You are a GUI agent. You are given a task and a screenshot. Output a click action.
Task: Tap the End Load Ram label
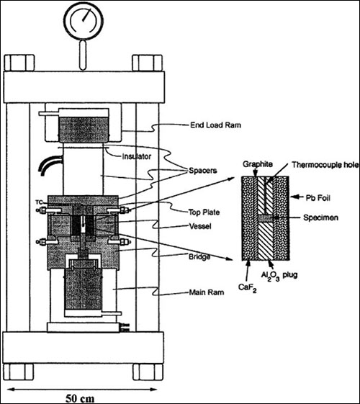click(x=215, y=125)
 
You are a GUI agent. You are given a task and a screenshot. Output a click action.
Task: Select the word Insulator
click(x=137, y=156)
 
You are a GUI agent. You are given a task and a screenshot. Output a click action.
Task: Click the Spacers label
click(x=203, y=170)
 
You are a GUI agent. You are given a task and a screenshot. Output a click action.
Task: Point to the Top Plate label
click(x=204, y=212)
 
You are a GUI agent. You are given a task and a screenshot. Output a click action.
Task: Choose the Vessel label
click(x=200, y=226)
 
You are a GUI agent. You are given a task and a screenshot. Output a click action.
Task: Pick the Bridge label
click(x=199, y=257)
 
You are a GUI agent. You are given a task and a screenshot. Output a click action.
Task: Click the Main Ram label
click(x=207, y=292)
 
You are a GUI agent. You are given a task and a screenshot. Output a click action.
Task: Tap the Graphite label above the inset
click(x=258, y=164)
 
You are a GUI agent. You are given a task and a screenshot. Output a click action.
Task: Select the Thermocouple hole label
click(x=325, y=165)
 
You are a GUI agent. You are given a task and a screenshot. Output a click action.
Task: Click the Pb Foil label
click(x=318, y=198)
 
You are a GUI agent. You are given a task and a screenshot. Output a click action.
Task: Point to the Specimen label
click(x=320, y=217)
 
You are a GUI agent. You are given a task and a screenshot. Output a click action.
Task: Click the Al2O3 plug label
click(x=279, y=276)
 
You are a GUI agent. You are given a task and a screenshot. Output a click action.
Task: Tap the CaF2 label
click(x=247, y=287)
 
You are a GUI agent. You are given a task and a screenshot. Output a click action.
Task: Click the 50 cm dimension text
click(x=80, y=398)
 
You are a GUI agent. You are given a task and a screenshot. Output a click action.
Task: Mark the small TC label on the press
click(x=39, y=202)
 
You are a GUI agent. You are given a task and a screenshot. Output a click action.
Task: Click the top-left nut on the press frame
click(x=19, y=63)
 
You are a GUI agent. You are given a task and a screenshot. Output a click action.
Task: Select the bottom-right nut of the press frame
click(x=148, y=372)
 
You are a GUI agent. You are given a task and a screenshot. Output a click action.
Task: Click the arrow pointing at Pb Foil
click(x=297, y=197)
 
